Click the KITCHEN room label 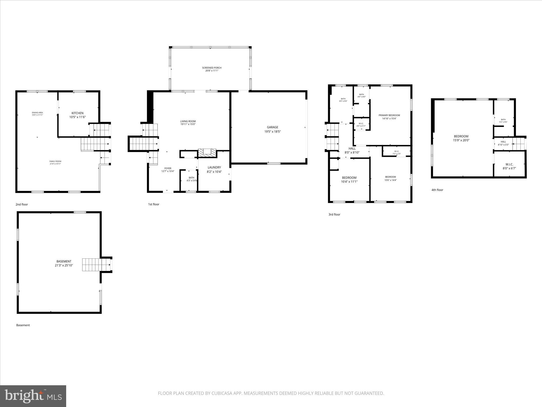tap(77, 113)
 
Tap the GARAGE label tap(272, 127)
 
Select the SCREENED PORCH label tap(212, 68)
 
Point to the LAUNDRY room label tap(214, 167)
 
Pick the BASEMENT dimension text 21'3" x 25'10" tap(64, 265)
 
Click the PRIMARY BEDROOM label tap(389, 115)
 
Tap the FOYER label tap(168, 168)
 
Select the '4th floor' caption tap(437, 190)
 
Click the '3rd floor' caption tap(334, 214)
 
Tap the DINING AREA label tap(37, 112)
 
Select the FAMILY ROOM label tap(55, 161)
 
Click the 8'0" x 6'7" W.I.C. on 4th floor tap(509, 166)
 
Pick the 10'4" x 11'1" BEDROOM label tap(349, 179)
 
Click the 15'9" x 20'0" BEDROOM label tap(461, 138)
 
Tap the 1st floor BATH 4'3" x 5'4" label tap(191, 179)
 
